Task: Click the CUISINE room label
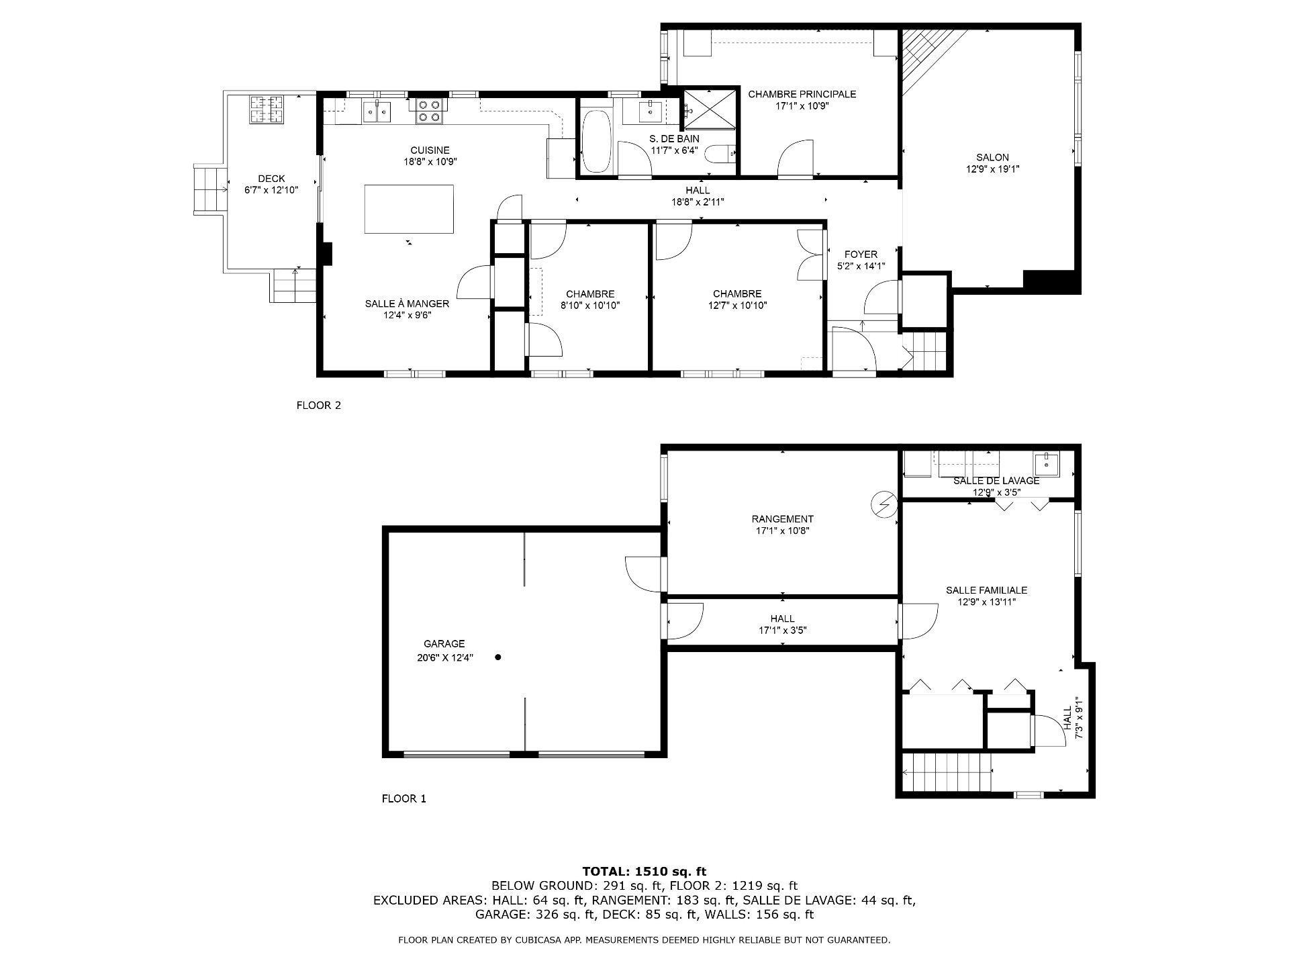(430, 150)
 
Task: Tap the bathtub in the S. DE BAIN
(596, 142)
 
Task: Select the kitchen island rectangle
(409, 209)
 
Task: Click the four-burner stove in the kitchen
(430, 111)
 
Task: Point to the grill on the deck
(267, 110)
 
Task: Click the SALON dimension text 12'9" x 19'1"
(992, 170)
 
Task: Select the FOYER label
(861, 255)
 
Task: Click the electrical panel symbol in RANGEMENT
(884, 503)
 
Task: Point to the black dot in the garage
(498, 657)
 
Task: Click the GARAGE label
(444, 644)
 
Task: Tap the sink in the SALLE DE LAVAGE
(1046, 463)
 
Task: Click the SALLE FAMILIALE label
(986, 590)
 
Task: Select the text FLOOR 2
(319, 406)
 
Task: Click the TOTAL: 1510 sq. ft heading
(644, 872)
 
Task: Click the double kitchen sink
(377, 111)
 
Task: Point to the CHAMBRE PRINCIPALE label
(802, 94)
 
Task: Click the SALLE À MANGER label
(407, 304)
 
